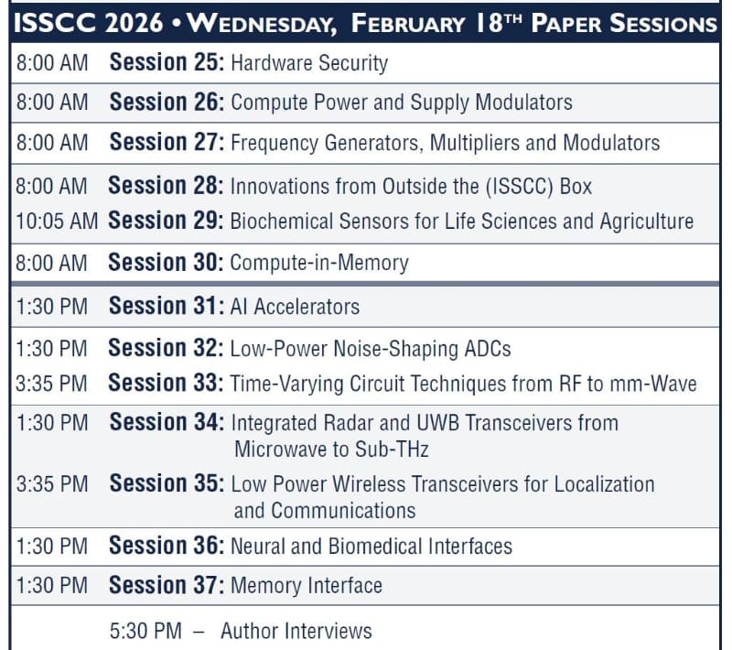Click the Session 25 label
pyautogui.click(x=167, y=63)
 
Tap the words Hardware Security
pyautogui.click(x=309, y=63)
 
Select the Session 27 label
pyautogui.click(x=167, y=143)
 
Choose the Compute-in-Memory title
pyautogui.click(x=319, y=263)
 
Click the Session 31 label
pyautogui.click(x=166, y=307)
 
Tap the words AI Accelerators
pyautogui.click(x=295, y=307)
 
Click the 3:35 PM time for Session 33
pyautogui.click(x=51, y=384)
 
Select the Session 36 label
pyautogui.click(x=166, y=547)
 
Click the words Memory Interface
pyautogui.click(x=307, y=585)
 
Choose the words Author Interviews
pyautogui.click(x=296, y=631)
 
